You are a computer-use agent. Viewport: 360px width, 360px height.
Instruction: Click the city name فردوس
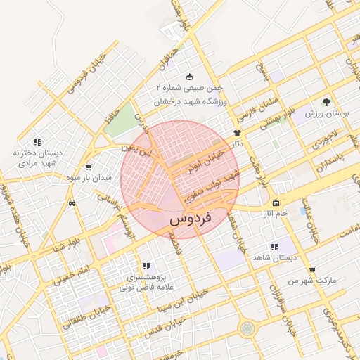point(191,219)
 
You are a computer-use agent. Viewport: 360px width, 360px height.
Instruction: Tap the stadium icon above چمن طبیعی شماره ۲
point(188,77)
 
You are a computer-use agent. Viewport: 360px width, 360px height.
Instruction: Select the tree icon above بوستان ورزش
point(325,102)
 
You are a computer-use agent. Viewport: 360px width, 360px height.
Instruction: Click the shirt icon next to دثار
point(237,131)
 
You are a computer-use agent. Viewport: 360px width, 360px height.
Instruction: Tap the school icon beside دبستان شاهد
point(274,247)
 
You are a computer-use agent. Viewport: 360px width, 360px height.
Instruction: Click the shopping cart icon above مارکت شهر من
point(312,269)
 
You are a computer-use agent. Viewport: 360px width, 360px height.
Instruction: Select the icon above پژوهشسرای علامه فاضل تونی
point(146,266)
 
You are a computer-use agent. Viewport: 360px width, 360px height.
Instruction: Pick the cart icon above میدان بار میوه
point(89,167)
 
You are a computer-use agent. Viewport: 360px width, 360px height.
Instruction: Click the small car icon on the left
point(72,202)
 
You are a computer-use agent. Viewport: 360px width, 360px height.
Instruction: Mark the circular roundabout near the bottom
point(247,328)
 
